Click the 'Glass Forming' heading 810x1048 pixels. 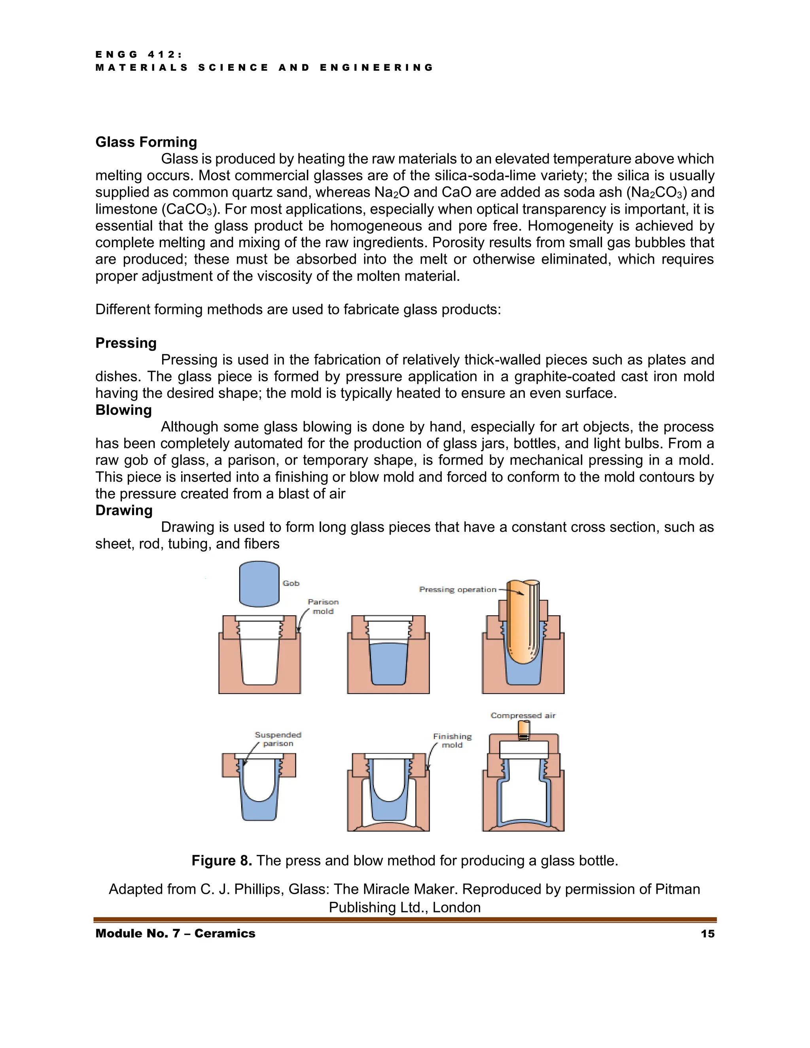(x=146, y=142)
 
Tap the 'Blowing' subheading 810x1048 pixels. (x=123, y=410)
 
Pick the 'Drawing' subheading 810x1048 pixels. (x=124, y=510)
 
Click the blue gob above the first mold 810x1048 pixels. (x=259, y=584)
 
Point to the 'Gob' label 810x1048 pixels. (x=291, y=583)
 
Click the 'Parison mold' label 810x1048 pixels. (x=323, y=607)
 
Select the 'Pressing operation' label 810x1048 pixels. (x=457, y=589)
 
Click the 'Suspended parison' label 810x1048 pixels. (x=278, y=739)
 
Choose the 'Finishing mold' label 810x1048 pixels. (x=452, y=740)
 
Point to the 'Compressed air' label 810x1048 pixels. (x=522, y=715)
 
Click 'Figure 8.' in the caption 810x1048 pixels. (x=222, y=861)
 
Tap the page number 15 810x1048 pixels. (x=707, y=933)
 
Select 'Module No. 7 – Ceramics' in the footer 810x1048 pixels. (x=175, y=933)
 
